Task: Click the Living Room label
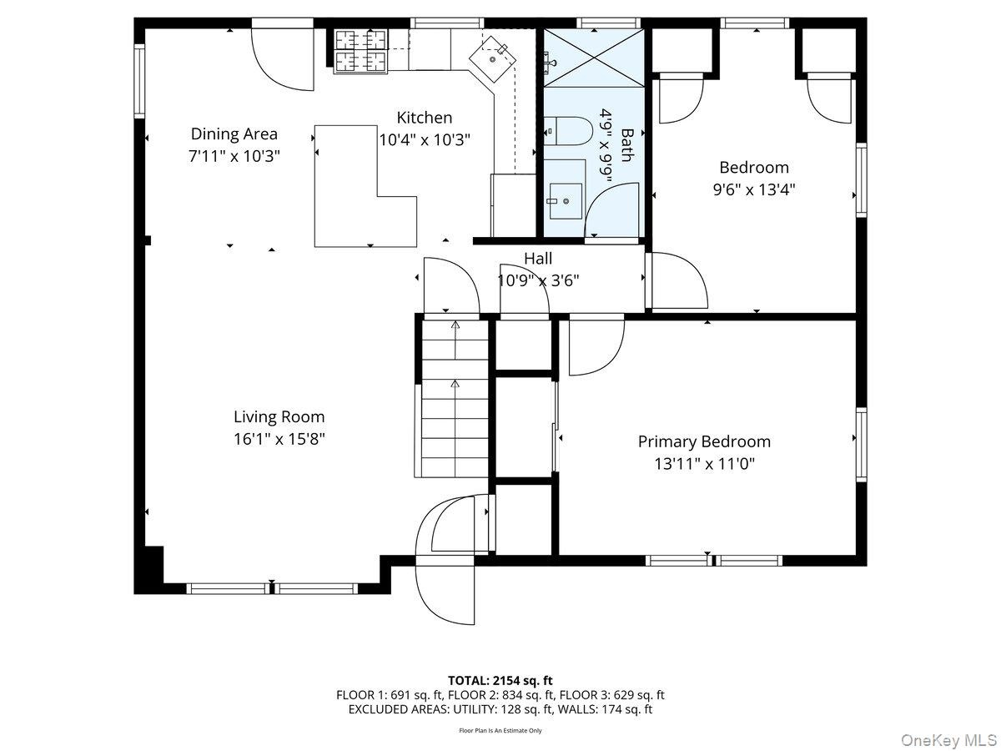pos(279,416)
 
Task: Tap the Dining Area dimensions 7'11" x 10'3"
pos(234,156)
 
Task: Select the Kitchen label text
pos(424,118)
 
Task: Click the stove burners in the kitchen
pos(361,51)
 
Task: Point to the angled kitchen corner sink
pos(492,58)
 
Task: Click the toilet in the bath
pos(568,131)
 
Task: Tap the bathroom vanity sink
pos(566,201)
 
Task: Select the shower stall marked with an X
pos(593,58)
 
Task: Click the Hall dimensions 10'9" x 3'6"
pos(538,280)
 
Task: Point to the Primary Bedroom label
pos(704,441)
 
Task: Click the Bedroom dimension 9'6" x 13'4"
pos(754,189)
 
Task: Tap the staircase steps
pos(455,399)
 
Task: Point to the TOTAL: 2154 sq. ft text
pos(500,681)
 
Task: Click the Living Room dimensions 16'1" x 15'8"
pos(279,439)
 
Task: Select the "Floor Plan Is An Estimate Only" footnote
pos(500,730)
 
